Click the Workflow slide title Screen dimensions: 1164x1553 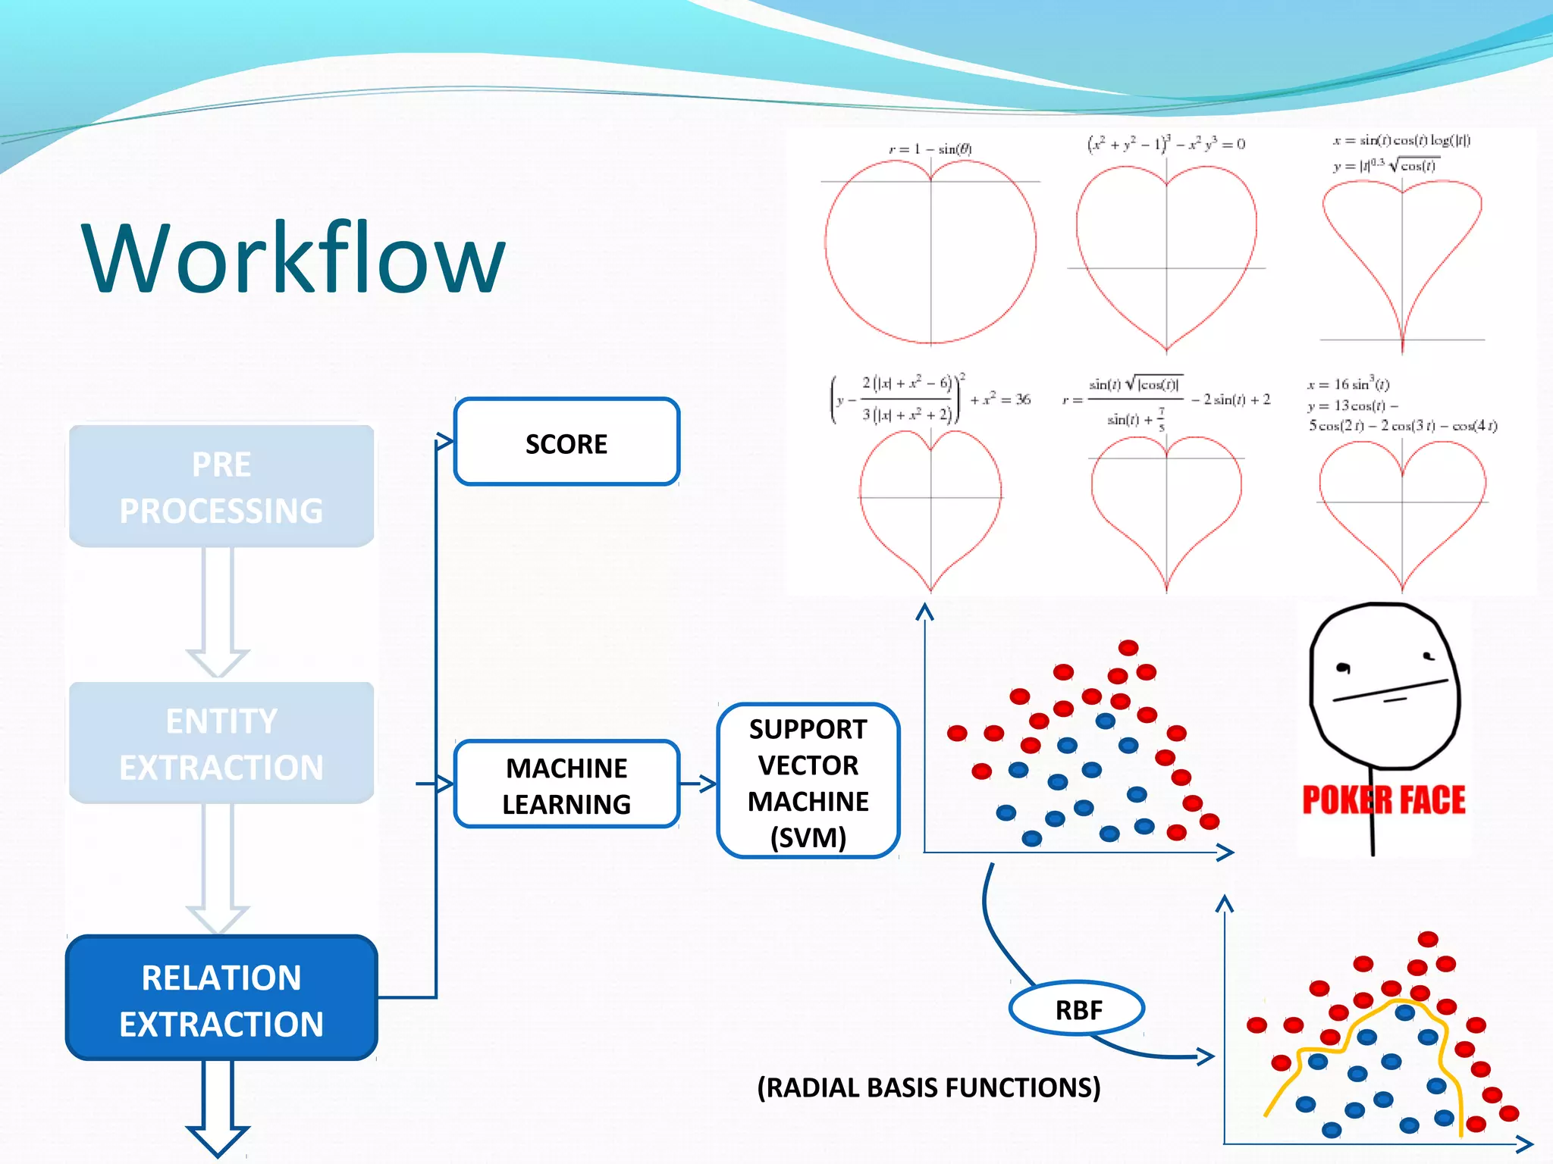tap(293, 258)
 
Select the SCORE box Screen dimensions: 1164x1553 tap(566, 443)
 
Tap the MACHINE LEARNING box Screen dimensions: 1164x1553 tap(566, 785)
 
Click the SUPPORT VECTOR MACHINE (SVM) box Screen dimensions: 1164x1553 tap(808, 782)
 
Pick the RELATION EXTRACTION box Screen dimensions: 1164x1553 tap(221, 999)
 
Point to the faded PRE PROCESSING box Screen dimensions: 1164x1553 tap(221, 487)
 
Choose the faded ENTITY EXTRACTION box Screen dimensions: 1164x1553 tap(221, 743)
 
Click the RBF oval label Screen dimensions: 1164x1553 tap(1078, 1009)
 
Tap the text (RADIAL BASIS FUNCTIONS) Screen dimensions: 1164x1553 tap(929, 1087)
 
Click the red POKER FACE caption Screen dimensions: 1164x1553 tap(1383, 800)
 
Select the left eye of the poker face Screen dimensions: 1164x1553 tap(1343, 668)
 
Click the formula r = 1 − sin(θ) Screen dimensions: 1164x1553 tap(930, 149)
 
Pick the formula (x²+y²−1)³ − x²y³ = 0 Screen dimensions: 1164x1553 tap(1166, 143)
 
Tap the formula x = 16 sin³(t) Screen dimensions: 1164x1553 tap(1348, 384)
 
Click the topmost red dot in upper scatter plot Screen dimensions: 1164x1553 tap(1128, 647)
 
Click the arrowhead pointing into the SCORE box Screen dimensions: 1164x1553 tap(445, 442)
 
